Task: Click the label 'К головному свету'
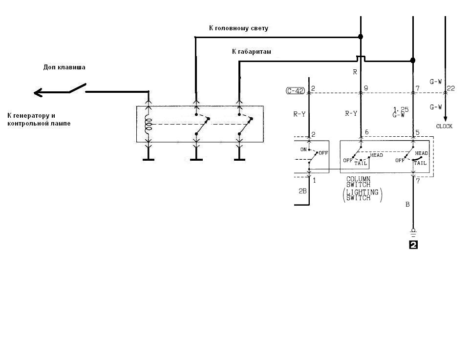[x=238, y=28]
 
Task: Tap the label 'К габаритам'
[x=252, y=51]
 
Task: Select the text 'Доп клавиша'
[x=64, y=67]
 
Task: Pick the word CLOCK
[x=444, y=126]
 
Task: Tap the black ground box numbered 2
[x=413, y=245]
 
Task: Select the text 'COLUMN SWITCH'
[x=358, y=182]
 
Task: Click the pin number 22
[x=451, y=88]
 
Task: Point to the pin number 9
[x=365, y=88]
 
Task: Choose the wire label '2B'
[x=302, y=191]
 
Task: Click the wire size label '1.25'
[x=401, y=109]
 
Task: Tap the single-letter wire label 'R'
[x=355, y=72]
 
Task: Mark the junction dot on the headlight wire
[x=361, y=37]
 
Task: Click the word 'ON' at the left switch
[x=303, y=149]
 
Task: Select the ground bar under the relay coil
[x=149, y=159]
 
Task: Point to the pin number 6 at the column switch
[x=365, y=133]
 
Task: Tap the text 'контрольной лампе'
[x=39, y=124]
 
